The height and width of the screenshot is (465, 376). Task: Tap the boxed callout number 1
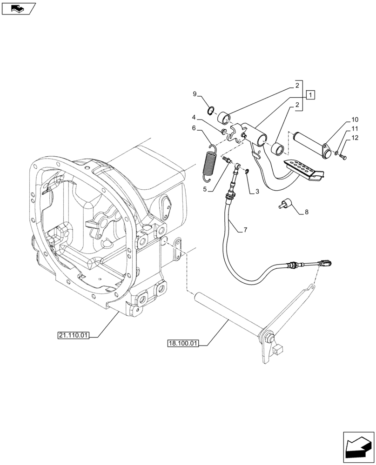(311, 95)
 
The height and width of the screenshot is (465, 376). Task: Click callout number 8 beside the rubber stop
(306, 212)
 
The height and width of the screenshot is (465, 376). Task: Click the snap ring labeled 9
(211, 111)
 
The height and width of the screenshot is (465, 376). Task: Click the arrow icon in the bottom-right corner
(358, 447)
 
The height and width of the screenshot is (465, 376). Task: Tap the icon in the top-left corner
(18, 8)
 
